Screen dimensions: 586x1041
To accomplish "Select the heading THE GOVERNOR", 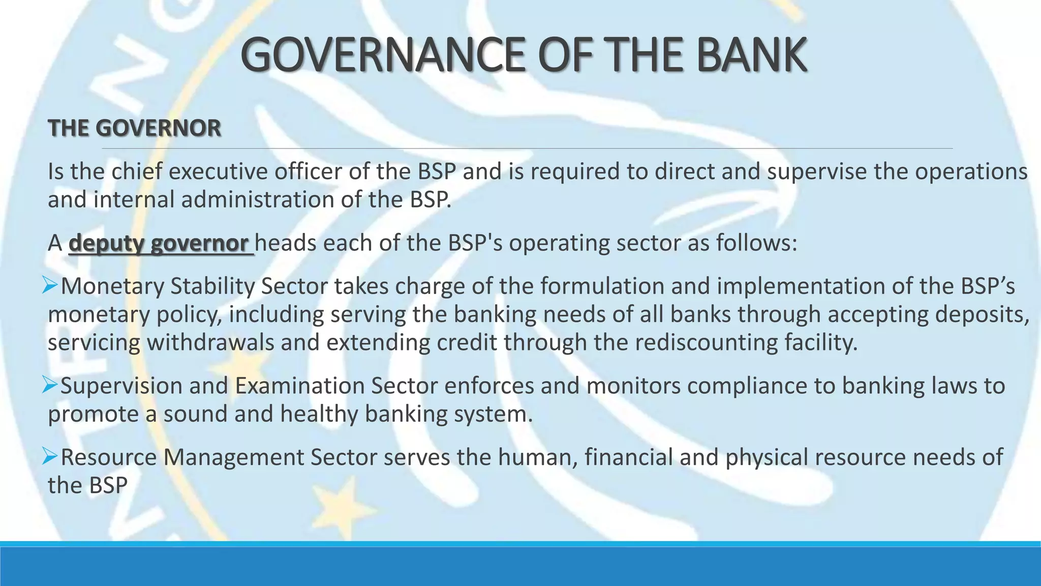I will [x=135, y=128].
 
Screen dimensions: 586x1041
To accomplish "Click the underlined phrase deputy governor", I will [x=159, y=243].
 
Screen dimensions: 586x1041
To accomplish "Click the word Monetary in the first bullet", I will [x=112, y=286].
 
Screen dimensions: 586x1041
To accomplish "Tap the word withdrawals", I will [x=210, y=342].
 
